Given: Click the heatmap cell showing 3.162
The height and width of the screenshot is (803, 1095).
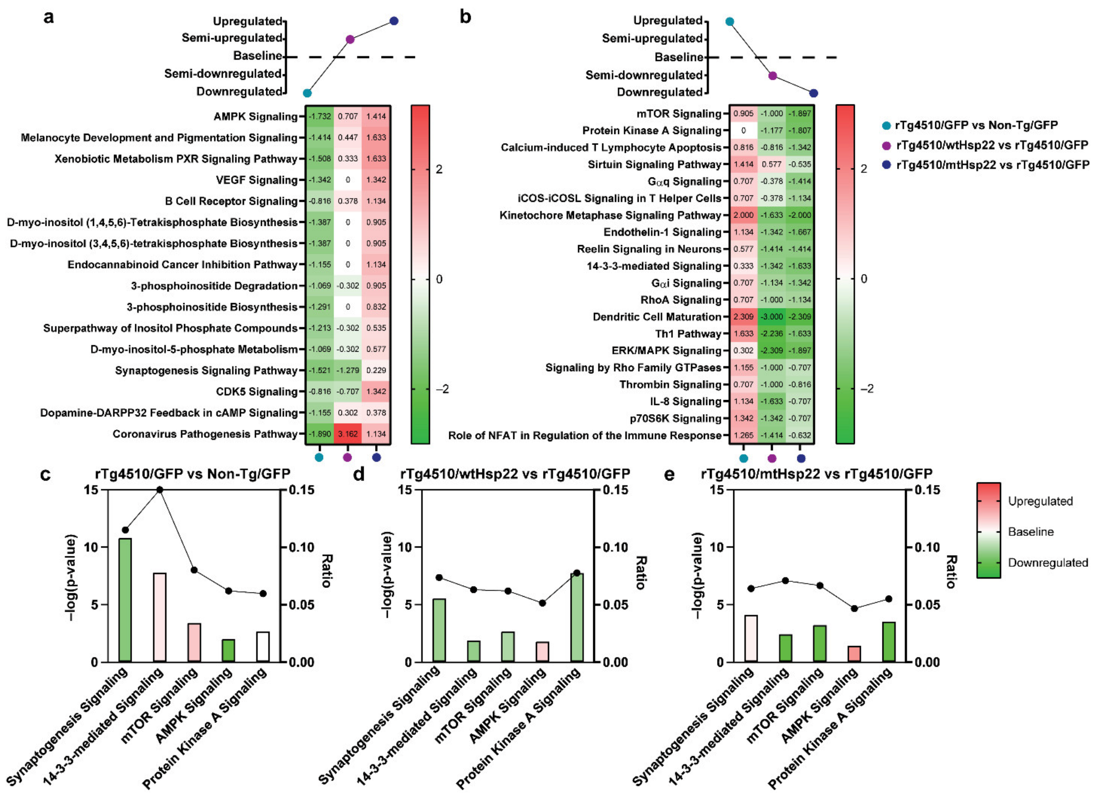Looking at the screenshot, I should click(x=348, y=434).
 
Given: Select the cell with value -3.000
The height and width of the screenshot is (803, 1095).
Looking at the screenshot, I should click(x=772, y=317).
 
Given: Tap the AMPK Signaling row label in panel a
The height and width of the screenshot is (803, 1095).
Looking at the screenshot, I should click(x=255, y=117).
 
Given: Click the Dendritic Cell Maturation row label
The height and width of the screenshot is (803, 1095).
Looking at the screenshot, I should click(x=656, y=317).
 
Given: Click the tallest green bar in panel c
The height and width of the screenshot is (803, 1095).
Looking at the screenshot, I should click(x=125, y=599).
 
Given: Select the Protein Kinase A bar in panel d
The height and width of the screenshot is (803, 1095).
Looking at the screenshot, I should click(x=577, y=617).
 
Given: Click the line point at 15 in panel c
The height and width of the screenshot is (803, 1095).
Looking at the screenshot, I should click(x=160, y=489).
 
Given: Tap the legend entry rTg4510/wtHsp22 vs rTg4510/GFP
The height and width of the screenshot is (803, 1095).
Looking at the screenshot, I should click(x=992, y=145).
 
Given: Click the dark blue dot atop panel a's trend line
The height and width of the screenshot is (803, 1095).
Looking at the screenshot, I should click(x=394, y=21).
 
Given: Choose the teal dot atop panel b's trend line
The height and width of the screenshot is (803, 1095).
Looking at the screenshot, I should click(x=730, y=22).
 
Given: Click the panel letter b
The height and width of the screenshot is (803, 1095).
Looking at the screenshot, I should click(x=466, y=17).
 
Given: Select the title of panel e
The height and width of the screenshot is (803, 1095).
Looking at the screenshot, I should click(x=817, y=474).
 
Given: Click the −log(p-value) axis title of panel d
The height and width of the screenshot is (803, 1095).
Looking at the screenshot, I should click(x=387, y=575).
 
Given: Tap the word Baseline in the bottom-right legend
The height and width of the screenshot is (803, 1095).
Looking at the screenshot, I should click(x=1030, y=532).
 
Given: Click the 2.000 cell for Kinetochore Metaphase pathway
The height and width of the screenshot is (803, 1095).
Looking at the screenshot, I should click(x=743, y=215).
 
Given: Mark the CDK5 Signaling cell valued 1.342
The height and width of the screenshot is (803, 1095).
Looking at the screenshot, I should click(x=376, y=392).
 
